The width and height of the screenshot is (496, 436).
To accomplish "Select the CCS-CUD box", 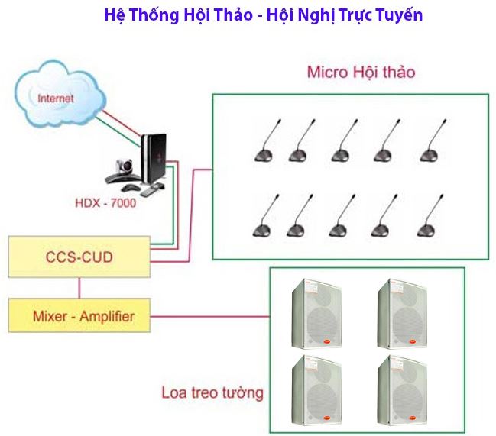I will (x=79, y=257).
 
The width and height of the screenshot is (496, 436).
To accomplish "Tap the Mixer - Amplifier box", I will (x=79, y=315).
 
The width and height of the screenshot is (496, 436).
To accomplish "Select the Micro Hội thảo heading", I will (x=361, y=73).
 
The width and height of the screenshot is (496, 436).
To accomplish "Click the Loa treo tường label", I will (x=212, y=394).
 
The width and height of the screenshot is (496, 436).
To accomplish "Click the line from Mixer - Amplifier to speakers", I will (x=210, y=315).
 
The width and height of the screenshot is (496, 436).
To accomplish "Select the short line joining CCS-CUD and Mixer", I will (x=79, y=288).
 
